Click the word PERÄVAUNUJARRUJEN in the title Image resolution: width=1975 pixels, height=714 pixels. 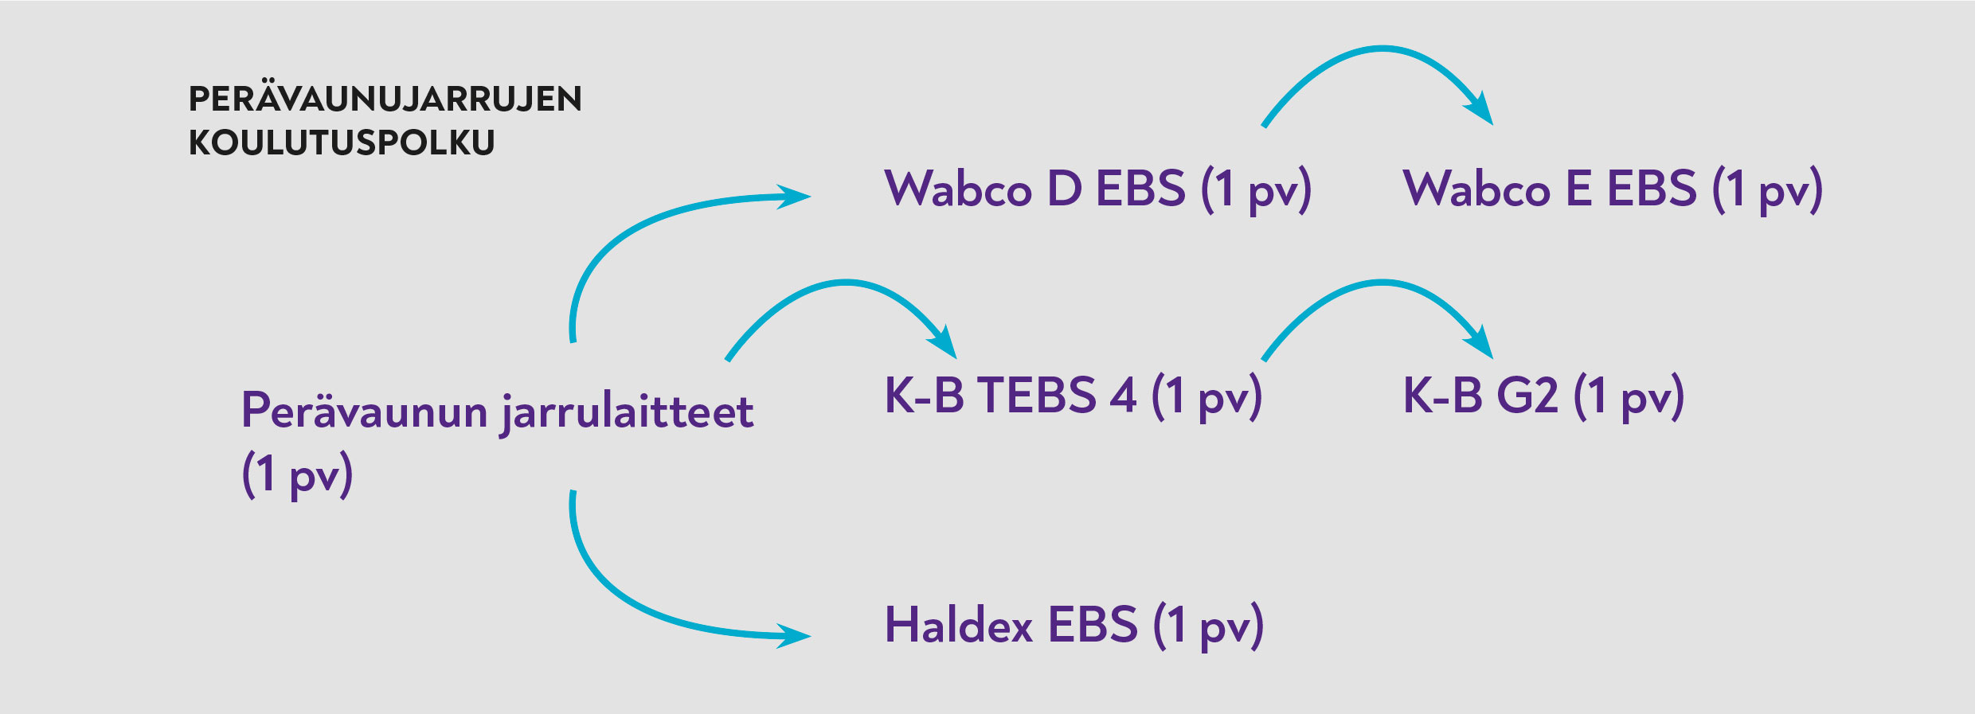pos(385,99)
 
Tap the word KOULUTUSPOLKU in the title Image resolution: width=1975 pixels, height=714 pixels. pos(342,143)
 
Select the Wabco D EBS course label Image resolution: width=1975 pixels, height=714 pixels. pos(1097,189)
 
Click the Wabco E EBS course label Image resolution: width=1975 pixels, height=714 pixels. pos(1612,189)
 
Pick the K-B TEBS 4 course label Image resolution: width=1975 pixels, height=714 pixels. pos(1073,396)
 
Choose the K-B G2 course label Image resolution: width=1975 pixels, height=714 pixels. pos(1543,396)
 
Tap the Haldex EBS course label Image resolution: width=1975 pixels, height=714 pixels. pos(1074,625)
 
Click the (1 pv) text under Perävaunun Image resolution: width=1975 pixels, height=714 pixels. pos(297,474)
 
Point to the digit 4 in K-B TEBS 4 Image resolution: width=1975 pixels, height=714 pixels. pos(1122,395)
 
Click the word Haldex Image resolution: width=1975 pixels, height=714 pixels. pos(959,625)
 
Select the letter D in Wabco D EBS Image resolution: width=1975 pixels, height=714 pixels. pos(1064,189)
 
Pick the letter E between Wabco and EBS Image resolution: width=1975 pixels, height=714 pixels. pos(1578,189)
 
